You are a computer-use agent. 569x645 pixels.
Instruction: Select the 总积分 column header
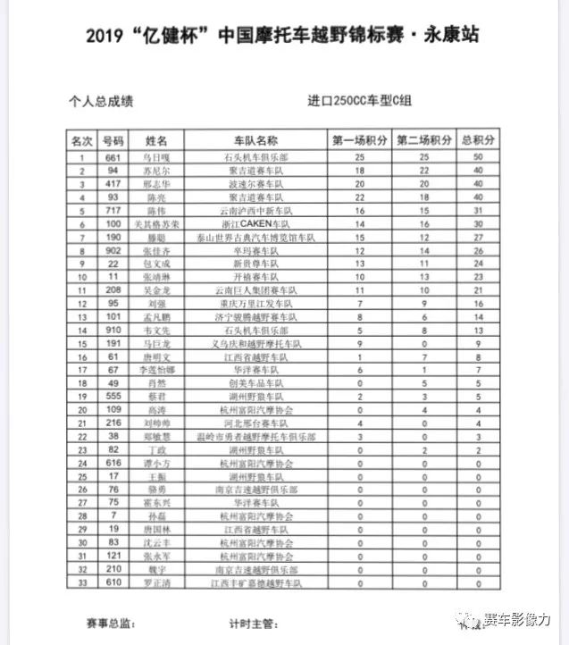pyautogui.click(x=478, y=141)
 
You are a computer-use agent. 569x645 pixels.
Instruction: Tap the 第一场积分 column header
pyautogui.click(x=359, y=141)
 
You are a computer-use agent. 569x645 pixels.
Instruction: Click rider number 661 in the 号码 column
pyautogui.click(x=113, y=156)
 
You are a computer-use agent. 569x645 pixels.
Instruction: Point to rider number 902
pyautogui.click(x=113, y=251)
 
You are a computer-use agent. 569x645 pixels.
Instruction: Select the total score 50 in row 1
pyautogui.click(x=478, y=156)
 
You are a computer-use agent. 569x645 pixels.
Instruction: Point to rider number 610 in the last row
pyautogui.click(x=113, y=582)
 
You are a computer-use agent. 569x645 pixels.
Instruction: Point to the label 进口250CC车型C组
pyautogui.click(x=358, y=102)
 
